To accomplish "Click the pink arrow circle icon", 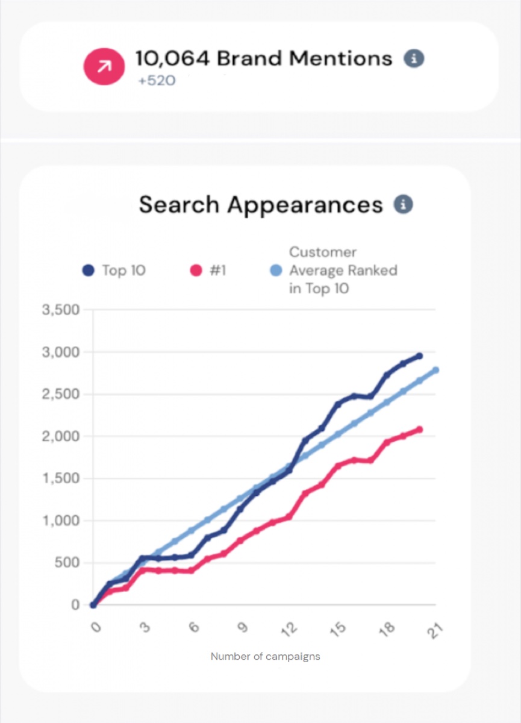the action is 104,66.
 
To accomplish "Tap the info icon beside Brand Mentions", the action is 414,59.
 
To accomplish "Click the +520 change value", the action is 157,81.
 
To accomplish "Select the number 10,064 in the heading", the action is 173,59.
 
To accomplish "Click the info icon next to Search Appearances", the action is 403,204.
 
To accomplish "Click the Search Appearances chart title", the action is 261,205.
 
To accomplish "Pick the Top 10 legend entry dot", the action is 88,270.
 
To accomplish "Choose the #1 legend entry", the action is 208,270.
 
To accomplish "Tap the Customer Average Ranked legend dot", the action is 276,270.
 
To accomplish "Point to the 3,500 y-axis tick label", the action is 61,310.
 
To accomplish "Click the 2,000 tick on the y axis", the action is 61,436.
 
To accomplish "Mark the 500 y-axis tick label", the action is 67,563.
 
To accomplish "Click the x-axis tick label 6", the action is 194,627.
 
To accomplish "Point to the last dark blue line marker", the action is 420,355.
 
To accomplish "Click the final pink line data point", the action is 420,430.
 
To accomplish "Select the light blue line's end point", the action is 436,370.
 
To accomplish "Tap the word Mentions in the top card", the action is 341,59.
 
